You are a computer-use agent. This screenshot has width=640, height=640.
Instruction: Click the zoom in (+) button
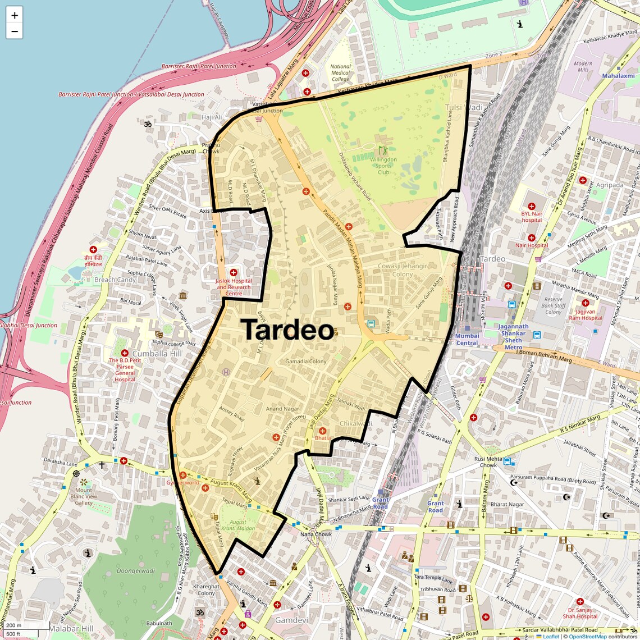click(15, 16)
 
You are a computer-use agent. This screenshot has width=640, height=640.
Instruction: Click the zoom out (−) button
click(15, 31)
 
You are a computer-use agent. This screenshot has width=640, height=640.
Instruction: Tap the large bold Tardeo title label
click(288, 330)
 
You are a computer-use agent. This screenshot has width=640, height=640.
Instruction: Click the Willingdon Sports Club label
click(383, 166)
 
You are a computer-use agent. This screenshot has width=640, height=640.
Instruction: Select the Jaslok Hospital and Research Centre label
click(234, 287)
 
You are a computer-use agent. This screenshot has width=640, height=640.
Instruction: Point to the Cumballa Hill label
click(157, 354)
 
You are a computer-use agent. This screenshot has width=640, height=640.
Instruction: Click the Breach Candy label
click(115, 280)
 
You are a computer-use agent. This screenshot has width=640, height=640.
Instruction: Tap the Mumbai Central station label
click(467, 340)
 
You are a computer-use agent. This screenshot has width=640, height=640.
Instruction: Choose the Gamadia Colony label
click(305, 362)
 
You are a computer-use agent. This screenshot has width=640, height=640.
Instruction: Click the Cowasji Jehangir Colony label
click(403, 270)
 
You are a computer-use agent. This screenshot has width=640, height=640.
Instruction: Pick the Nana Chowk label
click(316, 534)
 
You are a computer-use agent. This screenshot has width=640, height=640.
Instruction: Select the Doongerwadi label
click(136, 571)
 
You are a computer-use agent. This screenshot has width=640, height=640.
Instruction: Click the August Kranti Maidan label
click(238, 525)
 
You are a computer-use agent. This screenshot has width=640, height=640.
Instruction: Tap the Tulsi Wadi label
click(464, 107)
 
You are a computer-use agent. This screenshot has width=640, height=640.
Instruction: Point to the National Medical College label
click(340, 73)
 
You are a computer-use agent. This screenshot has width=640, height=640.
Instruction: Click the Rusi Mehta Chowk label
click(488, 461)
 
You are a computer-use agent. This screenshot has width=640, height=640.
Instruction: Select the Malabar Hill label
click(71, 629)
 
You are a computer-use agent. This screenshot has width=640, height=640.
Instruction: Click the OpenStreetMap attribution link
click(588, 636)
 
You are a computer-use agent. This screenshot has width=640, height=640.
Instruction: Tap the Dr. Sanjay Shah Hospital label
click(580, 613)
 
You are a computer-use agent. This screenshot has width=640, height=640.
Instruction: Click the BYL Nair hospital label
click(532, 217)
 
